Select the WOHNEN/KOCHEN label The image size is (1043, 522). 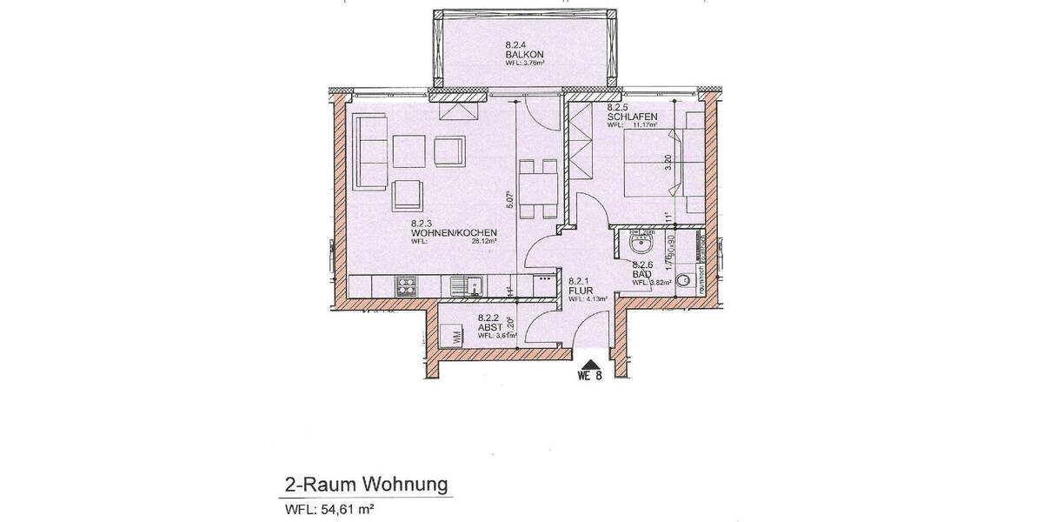454,232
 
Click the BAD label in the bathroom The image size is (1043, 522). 641,273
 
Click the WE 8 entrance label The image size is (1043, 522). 589,378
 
